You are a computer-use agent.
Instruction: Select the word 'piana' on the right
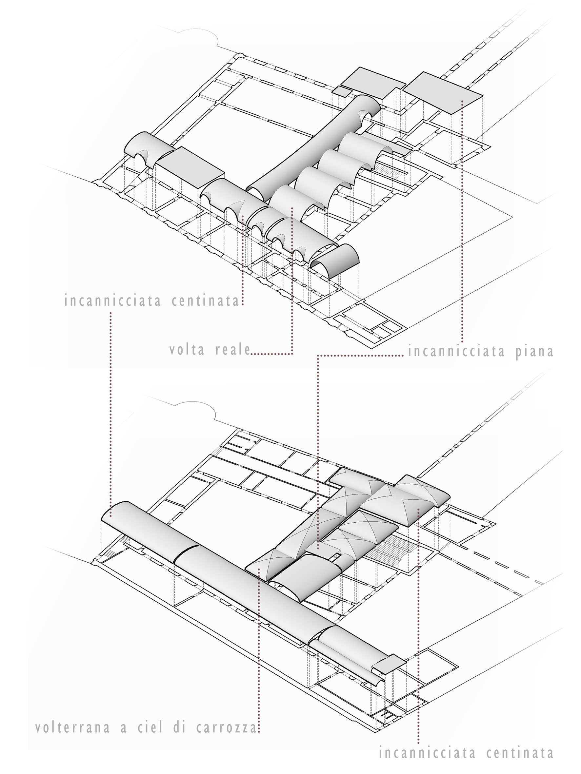click(534, 351)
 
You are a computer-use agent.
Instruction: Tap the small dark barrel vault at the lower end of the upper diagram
click(334, 261)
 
